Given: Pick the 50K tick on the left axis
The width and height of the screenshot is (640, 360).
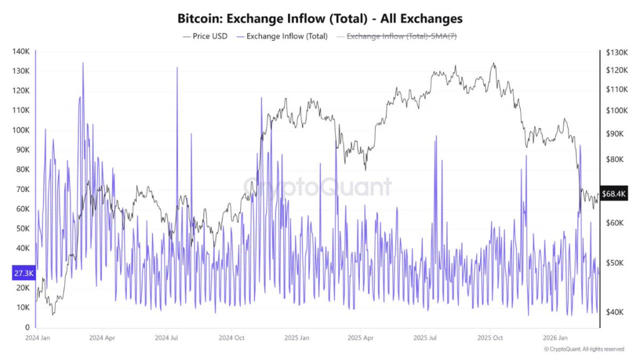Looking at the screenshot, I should pyautogui.click(x=23, y=229).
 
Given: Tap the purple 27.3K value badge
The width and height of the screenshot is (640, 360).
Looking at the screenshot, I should pyautogui.click(x=22, y=272).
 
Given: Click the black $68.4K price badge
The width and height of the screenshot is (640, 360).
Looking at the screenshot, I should pyautogui.click(x=614, y=194).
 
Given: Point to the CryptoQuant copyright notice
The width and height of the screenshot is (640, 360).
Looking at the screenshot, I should pyautogui.click(x=584, y=349).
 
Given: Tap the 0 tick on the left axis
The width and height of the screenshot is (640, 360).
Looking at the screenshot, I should pyautogui.click(x=27, y=327).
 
